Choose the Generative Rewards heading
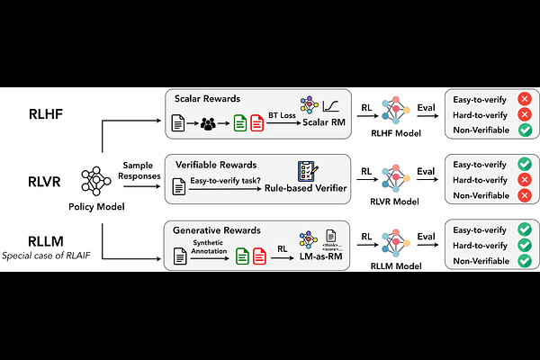[x=218, y=229]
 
